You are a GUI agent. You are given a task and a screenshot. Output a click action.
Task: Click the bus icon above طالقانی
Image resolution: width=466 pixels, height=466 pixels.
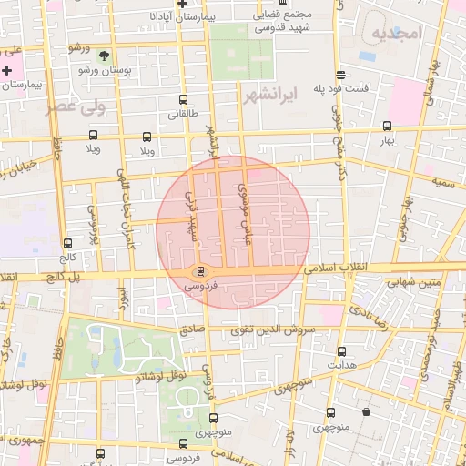(x=184, y=100)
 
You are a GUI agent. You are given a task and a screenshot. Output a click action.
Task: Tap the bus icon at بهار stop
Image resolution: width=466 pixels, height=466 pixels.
(x=388, y=127)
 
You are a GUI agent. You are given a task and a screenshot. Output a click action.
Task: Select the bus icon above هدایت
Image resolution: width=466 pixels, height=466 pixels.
(x=342, y=351)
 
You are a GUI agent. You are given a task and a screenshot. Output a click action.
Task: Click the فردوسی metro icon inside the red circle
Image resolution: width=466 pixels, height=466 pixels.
(x=201, y=269)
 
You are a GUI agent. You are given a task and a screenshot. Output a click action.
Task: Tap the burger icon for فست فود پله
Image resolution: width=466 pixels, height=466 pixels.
(x=340, y=75)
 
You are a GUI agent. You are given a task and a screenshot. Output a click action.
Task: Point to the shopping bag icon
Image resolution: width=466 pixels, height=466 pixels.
(x=366, y=411)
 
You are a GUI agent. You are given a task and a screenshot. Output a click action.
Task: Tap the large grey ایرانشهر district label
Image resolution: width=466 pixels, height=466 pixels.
(x=272, y=94)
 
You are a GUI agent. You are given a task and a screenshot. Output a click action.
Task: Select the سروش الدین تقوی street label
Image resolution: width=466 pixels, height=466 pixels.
(x=270, y=329)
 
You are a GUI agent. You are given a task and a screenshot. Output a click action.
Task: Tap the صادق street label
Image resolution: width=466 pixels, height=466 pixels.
(x=191, y=332)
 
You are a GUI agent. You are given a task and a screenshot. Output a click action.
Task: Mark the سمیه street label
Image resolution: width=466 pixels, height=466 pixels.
(x=443, y=183)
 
